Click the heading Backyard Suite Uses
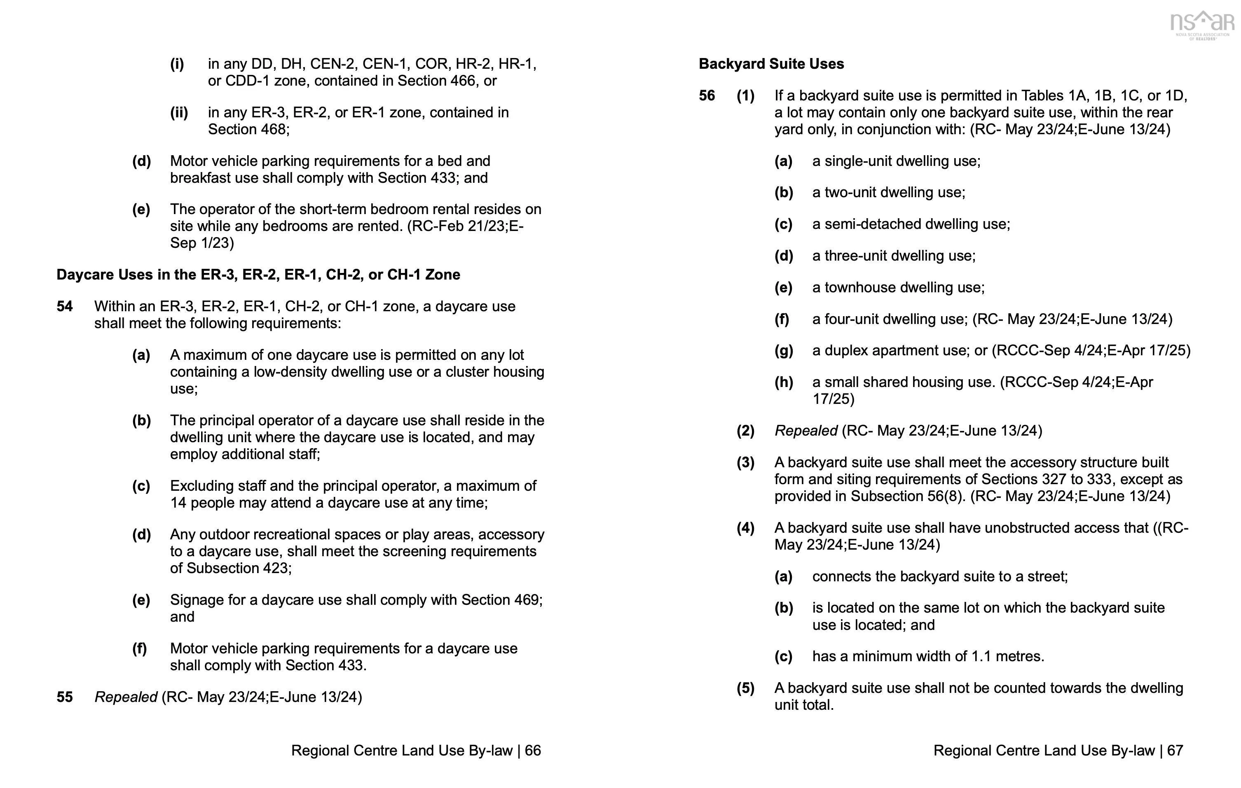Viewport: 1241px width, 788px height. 771,64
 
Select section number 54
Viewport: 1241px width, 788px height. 64,306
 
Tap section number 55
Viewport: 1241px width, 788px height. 64,697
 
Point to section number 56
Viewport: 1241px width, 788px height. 707,96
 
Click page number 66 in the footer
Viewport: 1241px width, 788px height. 533,751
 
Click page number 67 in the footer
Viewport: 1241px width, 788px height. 1175,751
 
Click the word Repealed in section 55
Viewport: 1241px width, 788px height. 126,697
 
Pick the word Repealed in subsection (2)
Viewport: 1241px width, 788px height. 806,431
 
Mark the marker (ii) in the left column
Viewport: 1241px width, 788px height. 179,113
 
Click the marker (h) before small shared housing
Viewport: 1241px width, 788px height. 783,382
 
